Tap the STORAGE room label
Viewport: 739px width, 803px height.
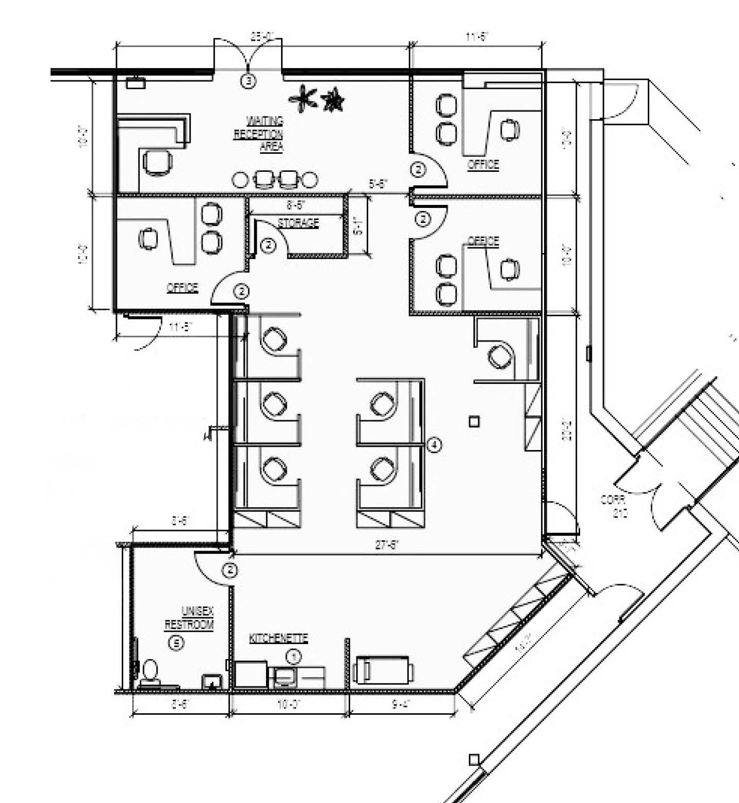coord(298,223)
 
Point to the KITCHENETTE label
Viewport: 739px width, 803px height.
coord(278,638)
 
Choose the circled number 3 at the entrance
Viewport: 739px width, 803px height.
coord(249,81)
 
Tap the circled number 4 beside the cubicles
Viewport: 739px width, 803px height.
coord(435,444)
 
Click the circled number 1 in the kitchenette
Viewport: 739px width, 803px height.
coord(293,656)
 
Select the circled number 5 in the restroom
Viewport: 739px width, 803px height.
coord(176,643)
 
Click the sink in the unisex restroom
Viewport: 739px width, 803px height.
coord(212,681)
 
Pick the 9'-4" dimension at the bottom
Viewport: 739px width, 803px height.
coord(401,704)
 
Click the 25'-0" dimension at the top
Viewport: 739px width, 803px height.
coord(262,36)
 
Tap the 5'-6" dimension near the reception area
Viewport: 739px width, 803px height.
coord(378,183)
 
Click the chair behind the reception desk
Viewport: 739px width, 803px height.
coord(157,162)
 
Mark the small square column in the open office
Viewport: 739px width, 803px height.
coord(474,422)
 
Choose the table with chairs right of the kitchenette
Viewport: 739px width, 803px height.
coord(383,670)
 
